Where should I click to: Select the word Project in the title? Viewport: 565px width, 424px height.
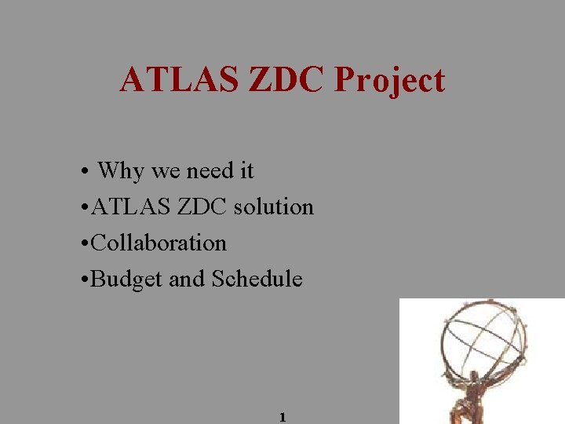390,81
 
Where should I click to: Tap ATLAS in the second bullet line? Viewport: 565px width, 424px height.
130,207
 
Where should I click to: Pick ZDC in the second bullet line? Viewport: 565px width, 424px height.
199,207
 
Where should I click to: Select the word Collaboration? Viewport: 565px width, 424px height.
159,243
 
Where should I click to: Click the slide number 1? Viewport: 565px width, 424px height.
282,418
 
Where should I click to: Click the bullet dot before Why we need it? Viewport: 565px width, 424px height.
83,171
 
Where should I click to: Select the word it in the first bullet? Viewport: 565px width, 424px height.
246,170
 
